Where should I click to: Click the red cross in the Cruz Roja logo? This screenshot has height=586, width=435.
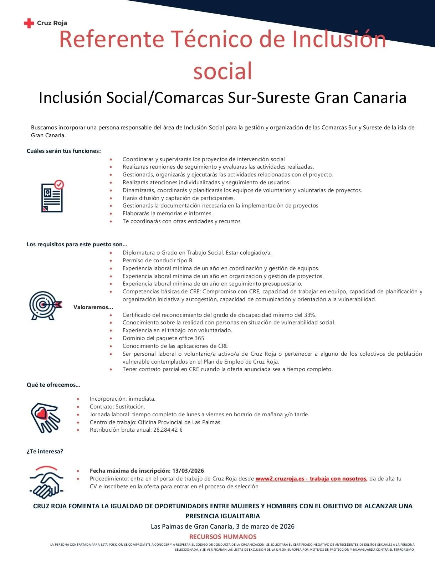coord(29,24)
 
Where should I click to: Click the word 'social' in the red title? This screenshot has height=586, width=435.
coord(223,71)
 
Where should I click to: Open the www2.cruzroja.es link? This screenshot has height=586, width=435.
coord(311,479)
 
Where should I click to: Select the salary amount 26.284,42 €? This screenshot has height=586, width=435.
coord(168,430)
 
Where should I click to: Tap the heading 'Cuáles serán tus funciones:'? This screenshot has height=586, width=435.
coord(64,151)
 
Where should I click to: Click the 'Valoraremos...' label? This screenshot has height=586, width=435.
coord(93,307)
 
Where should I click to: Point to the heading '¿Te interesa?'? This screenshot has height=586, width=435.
coord(45,452)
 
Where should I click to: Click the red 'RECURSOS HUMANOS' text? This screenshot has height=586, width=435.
coord(223,537)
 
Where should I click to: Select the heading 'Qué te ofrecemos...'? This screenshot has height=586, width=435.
coord(53,385)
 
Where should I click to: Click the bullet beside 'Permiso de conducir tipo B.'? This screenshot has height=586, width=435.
coord(111,261)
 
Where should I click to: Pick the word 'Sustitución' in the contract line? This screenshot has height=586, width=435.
coord(130,407)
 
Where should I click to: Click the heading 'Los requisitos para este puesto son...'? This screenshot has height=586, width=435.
coord(77,245)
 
